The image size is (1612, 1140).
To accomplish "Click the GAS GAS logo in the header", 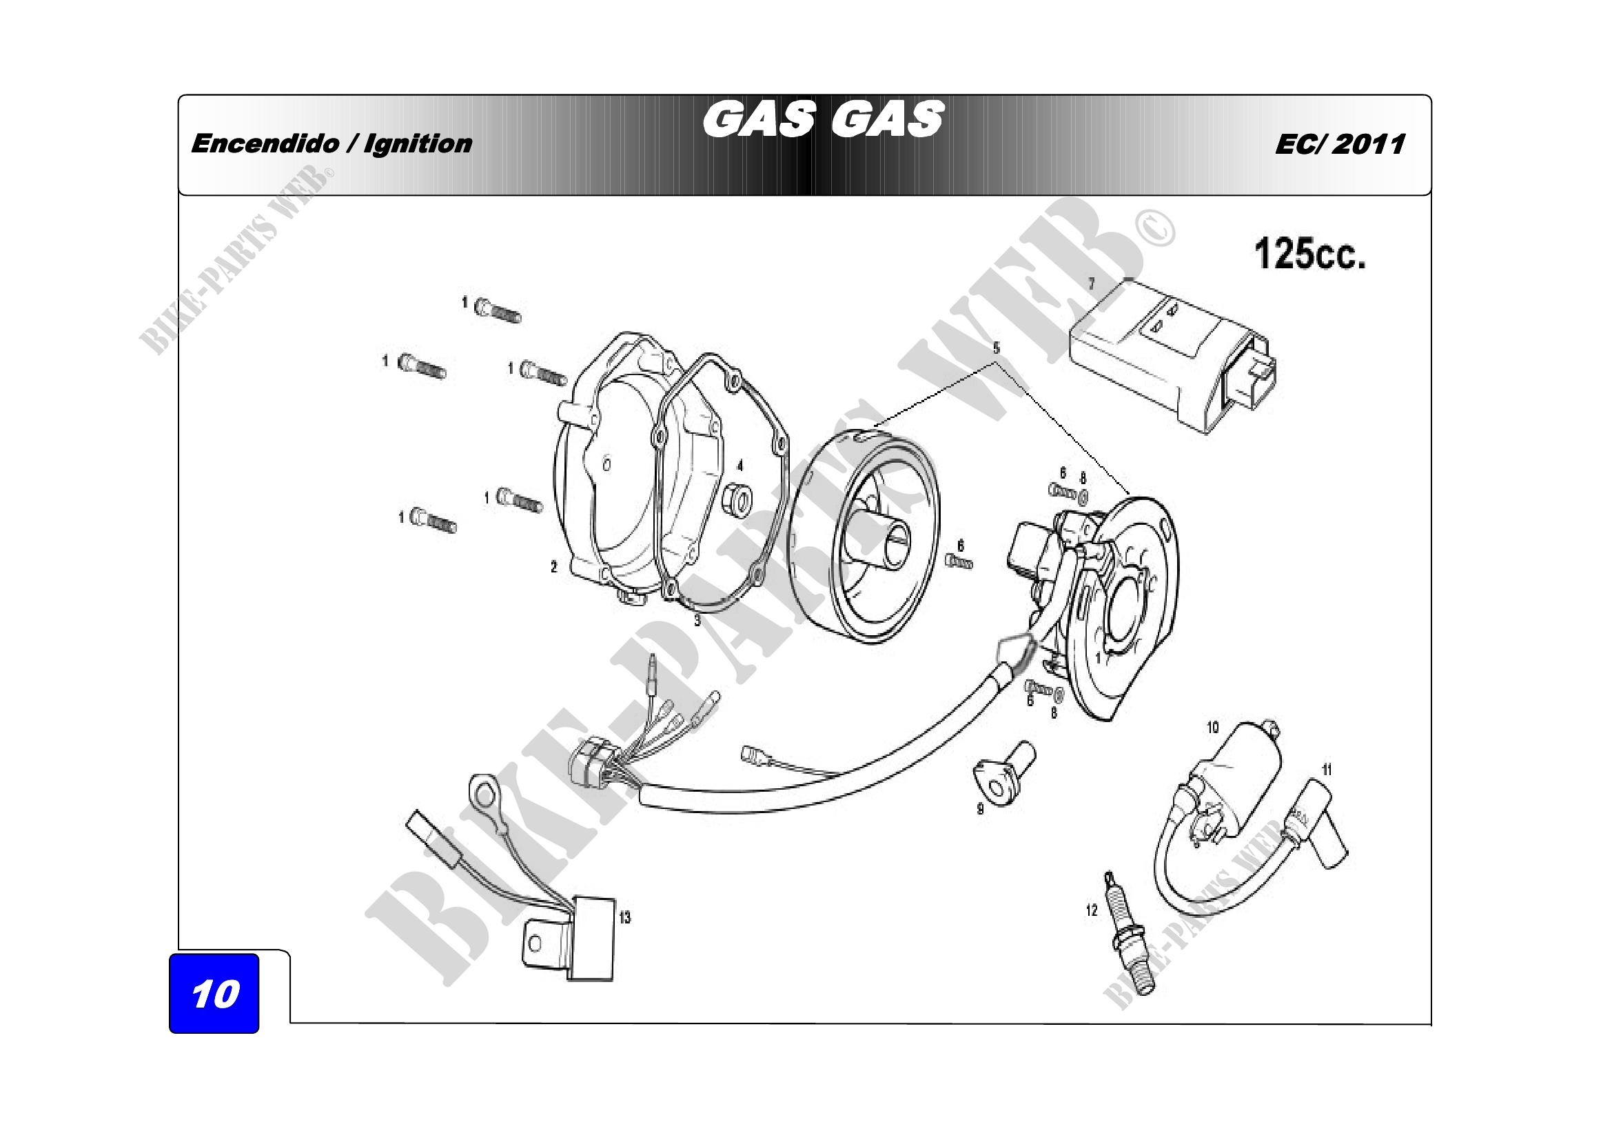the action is [x=824, y=119].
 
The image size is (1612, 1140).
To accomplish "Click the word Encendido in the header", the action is [x=265, y=143].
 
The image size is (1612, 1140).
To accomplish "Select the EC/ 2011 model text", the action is [x=1340, y=145].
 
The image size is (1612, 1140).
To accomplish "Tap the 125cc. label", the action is [x=1310, y=254].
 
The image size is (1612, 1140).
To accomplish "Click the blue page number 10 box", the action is [x=214, y=993].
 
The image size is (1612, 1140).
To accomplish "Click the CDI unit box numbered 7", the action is [x=1172, y=355].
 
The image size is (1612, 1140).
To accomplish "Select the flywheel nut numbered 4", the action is [x=737, y=499].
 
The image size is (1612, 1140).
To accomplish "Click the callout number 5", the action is [x=997, y=348].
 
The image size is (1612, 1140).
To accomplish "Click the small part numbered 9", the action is [x=1005, y=772].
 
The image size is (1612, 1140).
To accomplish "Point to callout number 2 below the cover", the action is [x=554, y=566].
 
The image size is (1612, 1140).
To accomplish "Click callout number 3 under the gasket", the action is [x=697, y=620].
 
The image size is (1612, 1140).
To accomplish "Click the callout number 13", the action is [x=625, y=918].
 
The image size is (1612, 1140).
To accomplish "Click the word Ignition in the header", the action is [x=418, y=144].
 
